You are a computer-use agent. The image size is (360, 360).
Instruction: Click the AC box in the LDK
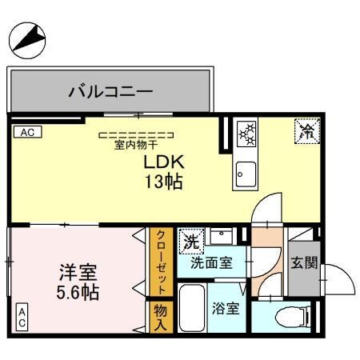tap(26, 131)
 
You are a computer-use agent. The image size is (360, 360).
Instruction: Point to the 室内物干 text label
tap(135, 145)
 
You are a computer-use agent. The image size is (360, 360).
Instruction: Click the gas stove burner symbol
tap(246, 133)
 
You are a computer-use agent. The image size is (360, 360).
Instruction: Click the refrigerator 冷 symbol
tap(306, 130)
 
